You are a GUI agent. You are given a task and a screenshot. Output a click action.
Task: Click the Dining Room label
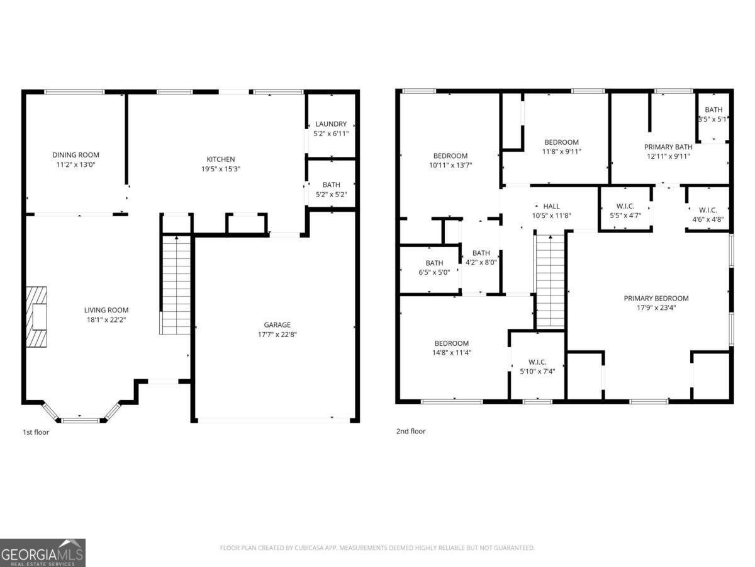(x=75, y=155)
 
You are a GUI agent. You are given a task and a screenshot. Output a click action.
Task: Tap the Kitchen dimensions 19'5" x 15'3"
(x=220, y=169)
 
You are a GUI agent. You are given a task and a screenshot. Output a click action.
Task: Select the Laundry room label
(x=331, y=124)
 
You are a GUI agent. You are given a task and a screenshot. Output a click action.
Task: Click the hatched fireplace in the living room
(x=36, y=316)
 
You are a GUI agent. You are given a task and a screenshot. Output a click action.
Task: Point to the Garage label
(x=277, y=325)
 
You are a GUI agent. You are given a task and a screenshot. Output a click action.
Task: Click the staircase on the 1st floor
(x=176, y=283)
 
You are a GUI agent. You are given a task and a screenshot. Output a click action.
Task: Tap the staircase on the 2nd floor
(x=551, y=280)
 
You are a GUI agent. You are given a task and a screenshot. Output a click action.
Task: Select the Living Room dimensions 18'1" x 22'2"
(x=106, y=320)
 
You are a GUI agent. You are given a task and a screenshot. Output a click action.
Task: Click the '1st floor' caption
(x=36, y=432)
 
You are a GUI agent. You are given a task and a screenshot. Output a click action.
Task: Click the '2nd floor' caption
(x=411, y=432)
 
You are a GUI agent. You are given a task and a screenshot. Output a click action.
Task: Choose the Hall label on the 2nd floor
(x=551, y=206)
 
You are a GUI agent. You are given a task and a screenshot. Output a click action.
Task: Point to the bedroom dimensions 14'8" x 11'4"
(x=451, y=353)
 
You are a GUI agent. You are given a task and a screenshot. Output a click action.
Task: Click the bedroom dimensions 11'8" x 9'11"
(x=561, y=151)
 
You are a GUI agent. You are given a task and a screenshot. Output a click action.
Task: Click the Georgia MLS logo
(x=43, y=553)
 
